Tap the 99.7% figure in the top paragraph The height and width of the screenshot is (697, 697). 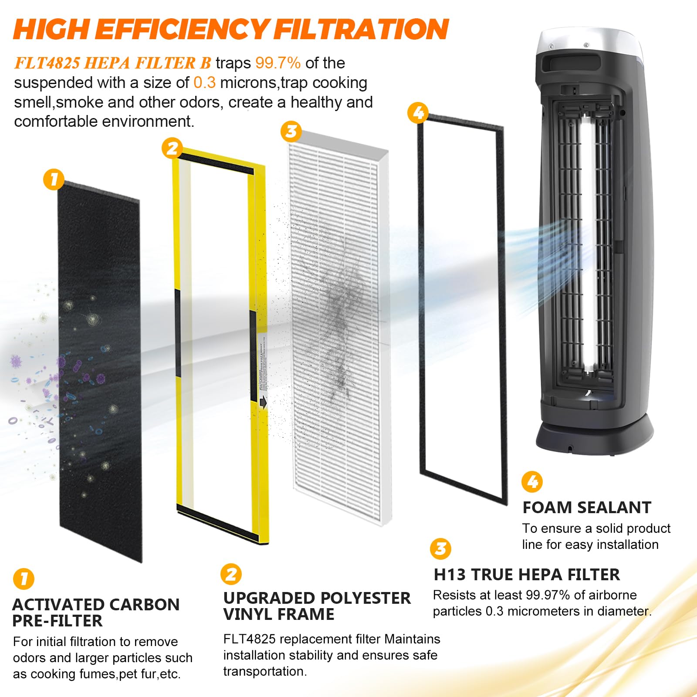277,63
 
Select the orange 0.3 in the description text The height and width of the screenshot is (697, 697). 204,83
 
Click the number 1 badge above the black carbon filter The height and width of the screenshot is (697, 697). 54,179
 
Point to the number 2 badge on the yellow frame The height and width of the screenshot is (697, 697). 172,149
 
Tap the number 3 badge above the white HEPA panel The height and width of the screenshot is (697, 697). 291,131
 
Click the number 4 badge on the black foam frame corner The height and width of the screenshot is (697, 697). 418,113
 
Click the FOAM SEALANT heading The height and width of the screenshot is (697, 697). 586,508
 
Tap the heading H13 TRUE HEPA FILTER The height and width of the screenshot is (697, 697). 526,575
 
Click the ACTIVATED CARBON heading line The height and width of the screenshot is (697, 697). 96,605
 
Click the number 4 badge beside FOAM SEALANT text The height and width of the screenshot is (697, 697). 532,482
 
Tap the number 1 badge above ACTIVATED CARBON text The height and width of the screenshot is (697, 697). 24,579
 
